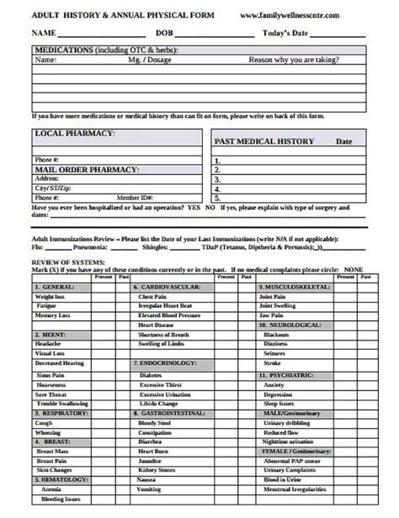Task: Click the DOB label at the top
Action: click(x=165, y=33)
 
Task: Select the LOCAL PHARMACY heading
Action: click(x=74, y=133)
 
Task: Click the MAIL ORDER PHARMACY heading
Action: click(x=86, y=169)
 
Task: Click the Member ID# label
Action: click(x=135, y=197)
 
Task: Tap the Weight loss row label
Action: click(x=50, y=297)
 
